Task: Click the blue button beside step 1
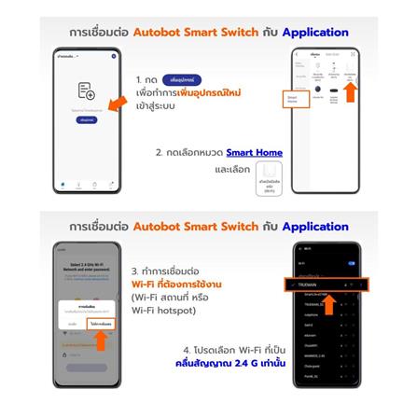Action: click(x=181, y=80)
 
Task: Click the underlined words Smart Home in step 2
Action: click(x=254, y=153)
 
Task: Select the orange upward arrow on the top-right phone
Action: click(x=350, y=90)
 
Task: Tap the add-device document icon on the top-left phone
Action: click(x=86, y=90)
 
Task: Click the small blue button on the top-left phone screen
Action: click(x=86, y=119)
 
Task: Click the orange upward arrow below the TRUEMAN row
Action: click(x=328, y=304)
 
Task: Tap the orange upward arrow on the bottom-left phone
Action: click(x=101, y=341)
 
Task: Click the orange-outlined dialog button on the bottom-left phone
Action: click(x=101, y=323)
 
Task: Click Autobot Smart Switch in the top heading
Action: click(x=195, y=32)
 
